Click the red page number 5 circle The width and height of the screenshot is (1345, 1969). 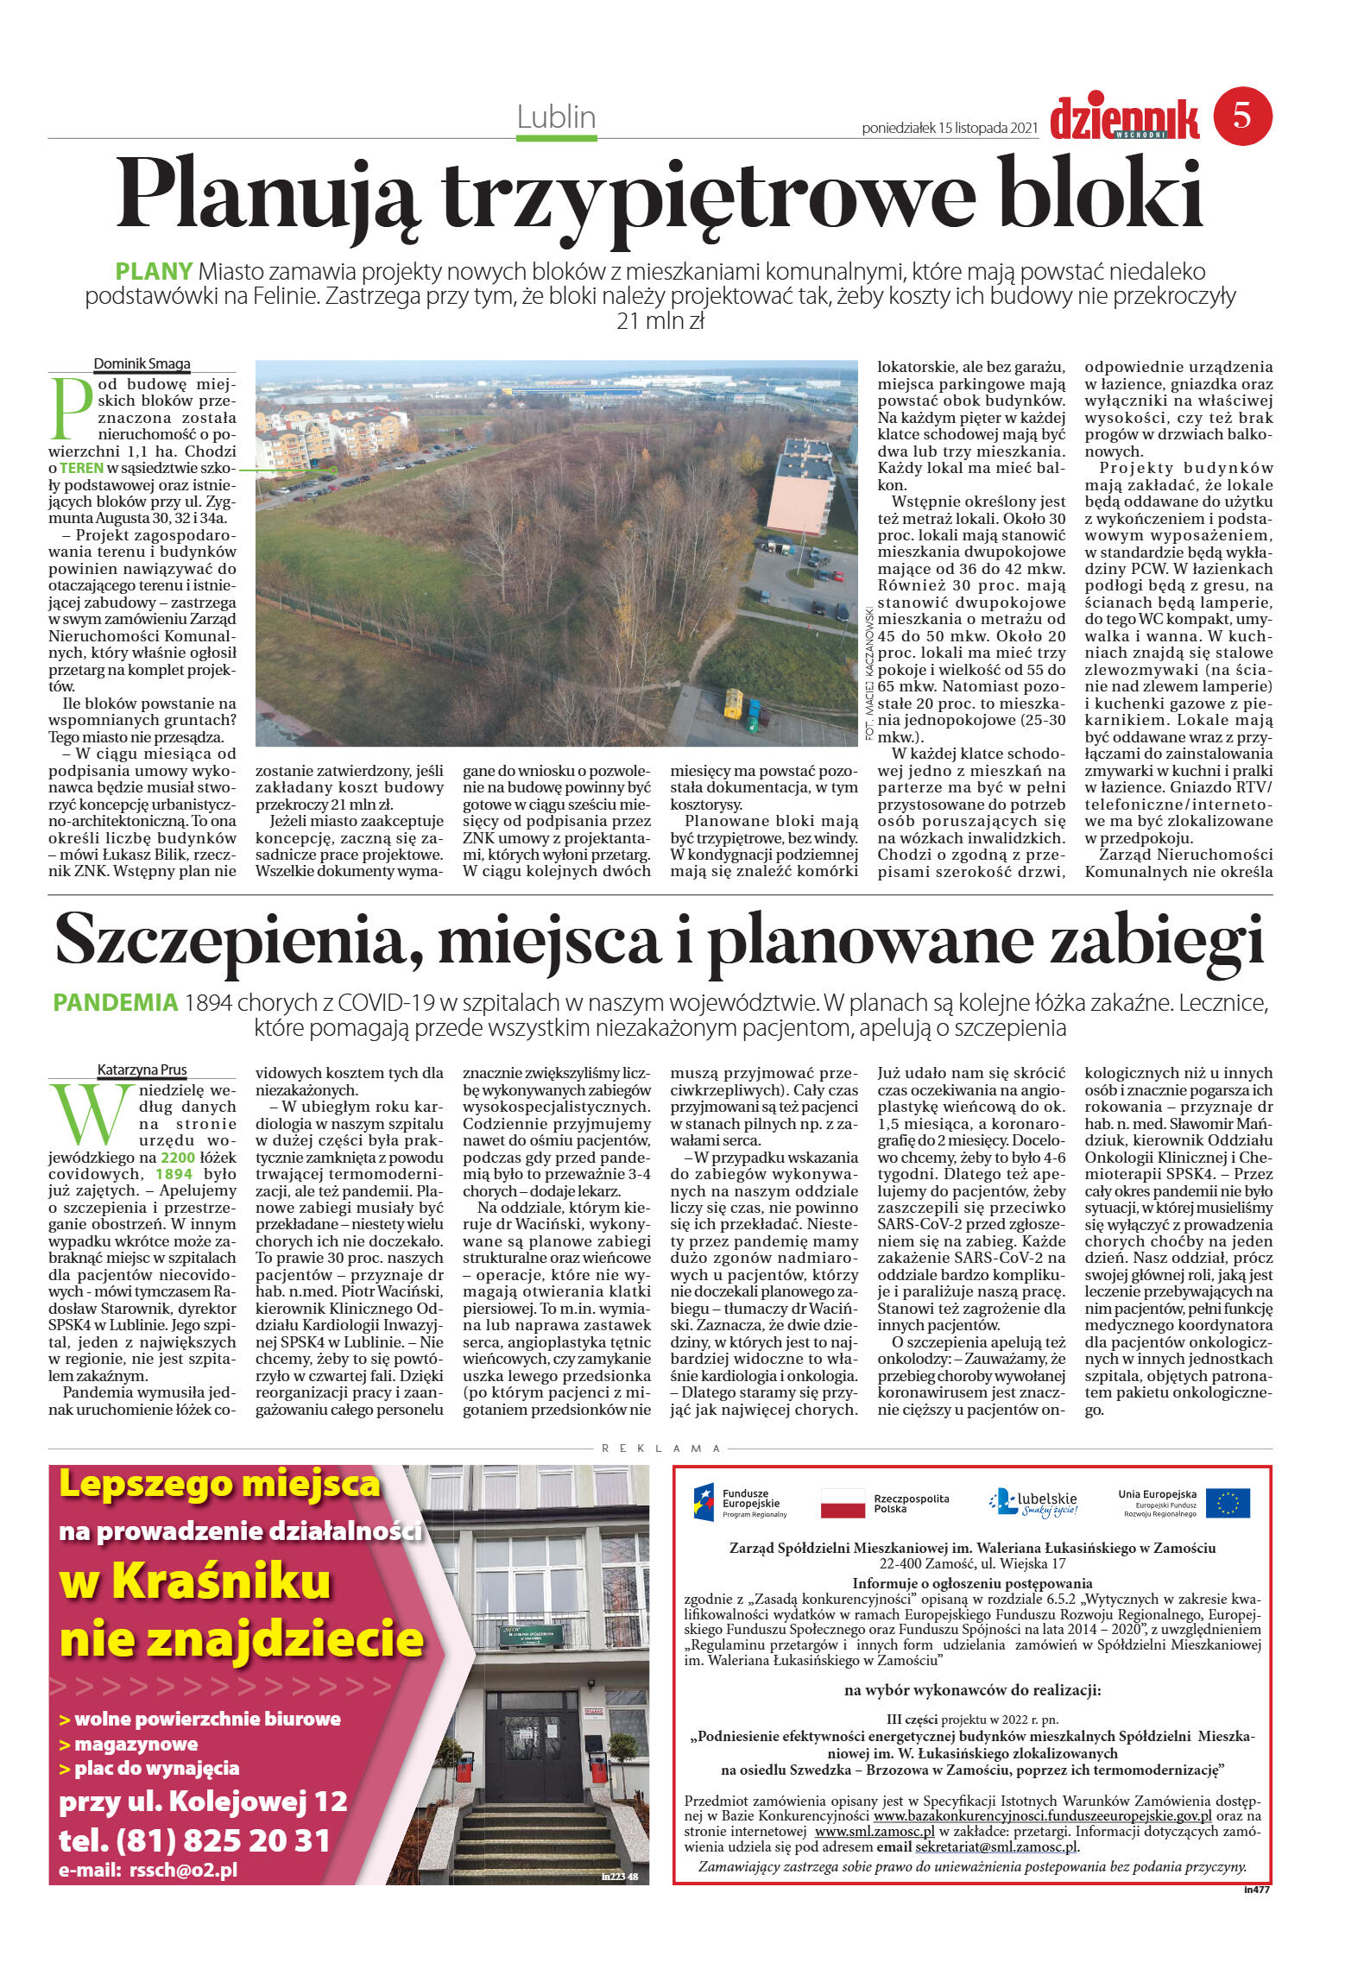coord(1242,116)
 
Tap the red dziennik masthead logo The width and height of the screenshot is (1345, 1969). coord(1124,119)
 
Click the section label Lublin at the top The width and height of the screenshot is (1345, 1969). coord(556,117)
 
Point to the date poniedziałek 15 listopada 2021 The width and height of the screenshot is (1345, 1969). coord(949,128)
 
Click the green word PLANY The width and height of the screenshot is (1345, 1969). coord(154,271)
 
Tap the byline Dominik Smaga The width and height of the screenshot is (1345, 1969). coord(142,363)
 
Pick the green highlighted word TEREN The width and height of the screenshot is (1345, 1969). coord(81,468)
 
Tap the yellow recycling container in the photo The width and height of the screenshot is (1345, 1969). coord(733,703)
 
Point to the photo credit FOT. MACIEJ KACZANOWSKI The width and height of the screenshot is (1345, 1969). coord(868,672)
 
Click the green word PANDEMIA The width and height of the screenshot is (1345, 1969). coord(115,1002)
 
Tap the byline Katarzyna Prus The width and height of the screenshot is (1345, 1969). coord(142,1070)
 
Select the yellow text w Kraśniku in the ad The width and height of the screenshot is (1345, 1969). coord(196,1581)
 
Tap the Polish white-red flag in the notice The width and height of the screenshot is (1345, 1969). coord(842,1503)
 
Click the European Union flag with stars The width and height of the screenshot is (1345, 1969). coord(1227,1503)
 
